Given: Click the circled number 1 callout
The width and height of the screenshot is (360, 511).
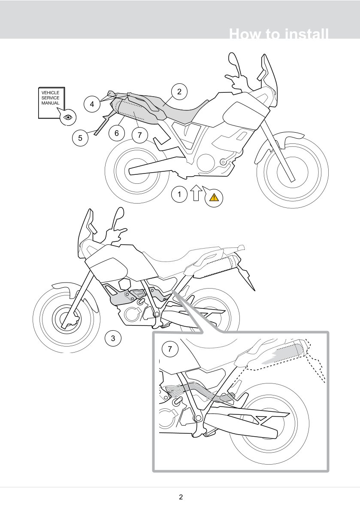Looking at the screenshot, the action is coord(179,195).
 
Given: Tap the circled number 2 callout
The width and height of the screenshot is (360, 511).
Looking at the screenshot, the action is coord(179,91).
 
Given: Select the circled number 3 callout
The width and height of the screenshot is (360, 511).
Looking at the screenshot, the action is coord(113,338).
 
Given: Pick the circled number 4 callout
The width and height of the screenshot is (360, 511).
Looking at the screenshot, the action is coord(92,104).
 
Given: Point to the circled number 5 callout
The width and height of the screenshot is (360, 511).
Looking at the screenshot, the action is coord(80,138).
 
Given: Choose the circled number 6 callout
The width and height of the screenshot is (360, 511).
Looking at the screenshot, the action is coord(117,133).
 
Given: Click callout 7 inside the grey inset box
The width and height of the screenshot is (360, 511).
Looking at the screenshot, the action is coord(170,350).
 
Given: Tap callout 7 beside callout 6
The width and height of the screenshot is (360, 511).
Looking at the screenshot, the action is coord(140,135).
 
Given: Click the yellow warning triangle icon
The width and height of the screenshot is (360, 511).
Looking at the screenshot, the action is coord(214,198).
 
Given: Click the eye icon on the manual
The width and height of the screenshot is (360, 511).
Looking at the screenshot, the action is coord(68,117).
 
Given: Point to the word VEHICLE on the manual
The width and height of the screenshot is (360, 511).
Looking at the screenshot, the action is coord(51,93).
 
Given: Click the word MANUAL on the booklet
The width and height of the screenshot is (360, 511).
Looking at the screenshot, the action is coord(51,103).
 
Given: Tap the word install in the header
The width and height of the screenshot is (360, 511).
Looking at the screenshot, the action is coord(304,34).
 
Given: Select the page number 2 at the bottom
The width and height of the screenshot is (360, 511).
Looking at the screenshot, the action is coord(181,497).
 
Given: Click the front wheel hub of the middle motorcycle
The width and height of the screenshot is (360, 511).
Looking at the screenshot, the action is coord(69,318).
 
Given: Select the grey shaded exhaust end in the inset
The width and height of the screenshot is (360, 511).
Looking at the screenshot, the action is coord(287,353).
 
